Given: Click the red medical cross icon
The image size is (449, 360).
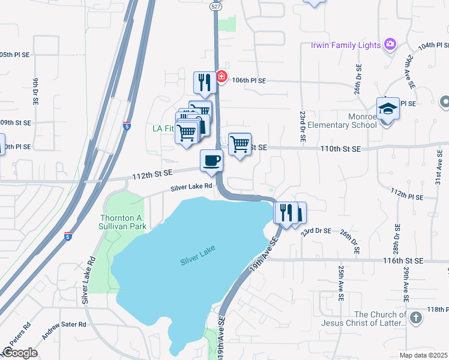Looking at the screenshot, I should pos(221,77).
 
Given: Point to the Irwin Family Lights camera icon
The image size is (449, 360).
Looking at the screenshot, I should pos(390,44).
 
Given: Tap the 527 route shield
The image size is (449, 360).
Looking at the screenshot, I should pos(216,5).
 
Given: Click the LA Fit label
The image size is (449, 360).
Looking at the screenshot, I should pos(163,128).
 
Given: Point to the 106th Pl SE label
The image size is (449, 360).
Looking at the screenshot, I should pos(248,80).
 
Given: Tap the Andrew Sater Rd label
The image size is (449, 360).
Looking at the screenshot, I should pos(64,324).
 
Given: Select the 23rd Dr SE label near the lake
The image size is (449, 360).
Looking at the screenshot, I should pos(316,231).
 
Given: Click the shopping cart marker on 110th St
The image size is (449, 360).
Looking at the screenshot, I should pos(240,144).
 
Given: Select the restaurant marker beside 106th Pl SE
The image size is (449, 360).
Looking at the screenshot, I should pos(204,83).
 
